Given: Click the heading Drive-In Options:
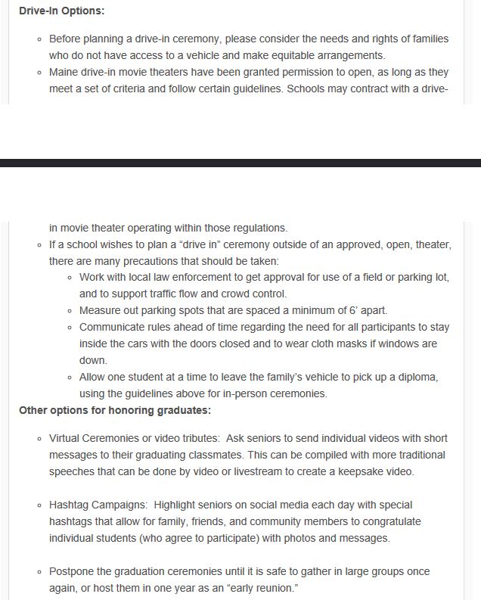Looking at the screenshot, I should (x=62, y=12).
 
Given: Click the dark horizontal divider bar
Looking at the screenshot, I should (x=240, y=163).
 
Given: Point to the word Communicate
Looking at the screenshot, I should (x=113, y=328).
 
